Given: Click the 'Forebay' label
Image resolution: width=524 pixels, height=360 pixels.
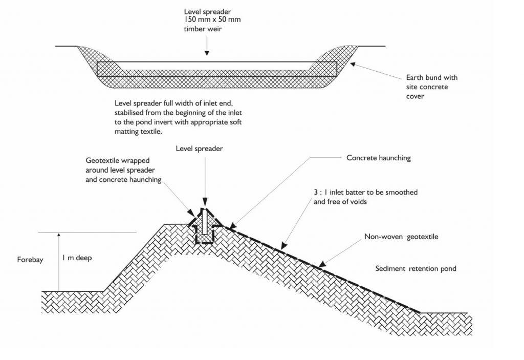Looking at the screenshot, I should pyautogui.click(x=29, y=260).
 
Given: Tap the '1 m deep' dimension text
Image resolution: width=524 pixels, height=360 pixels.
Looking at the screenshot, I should pyautogui.click(x=77, y=258).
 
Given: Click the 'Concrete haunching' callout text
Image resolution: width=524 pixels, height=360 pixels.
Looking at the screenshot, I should pyautogui.click(x=379, y=158).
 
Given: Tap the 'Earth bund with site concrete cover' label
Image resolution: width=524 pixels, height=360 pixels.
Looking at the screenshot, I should pyautogui.click(x=432, y=87).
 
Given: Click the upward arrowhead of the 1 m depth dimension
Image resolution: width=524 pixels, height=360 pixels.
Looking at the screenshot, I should pyautogui.click(x=59, y=236).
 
